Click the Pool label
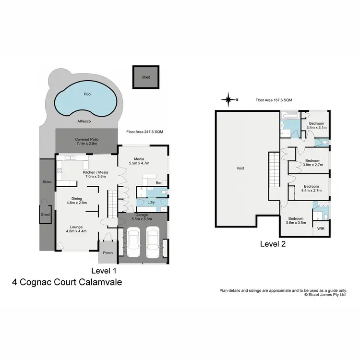[87, 95]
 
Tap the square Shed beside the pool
[145, 77]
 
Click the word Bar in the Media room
[157, 183]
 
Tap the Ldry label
[151, 202]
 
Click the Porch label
[108, 252]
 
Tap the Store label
[47, 182]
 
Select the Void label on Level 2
[240, 168]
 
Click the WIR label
[321, 228]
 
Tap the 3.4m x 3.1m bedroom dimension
[316, 128]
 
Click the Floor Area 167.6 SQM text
[274, 100]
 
